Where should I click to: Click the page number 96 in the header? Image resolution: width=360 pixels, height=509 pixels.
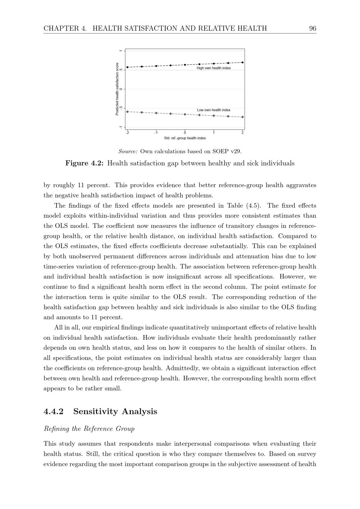[312, 28]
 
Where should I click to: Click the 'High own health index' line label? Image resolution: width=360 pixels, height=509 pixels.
[213, 68]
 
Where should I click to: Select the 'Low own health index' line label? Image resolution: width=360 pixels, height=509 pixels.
[213, 110]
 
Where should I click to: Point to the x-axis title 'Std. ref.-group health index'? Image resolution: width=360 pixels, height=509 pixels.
[185, 138]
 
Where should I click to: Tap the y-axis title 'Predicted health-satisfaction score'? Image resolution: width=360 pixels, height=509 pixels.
[117, 89]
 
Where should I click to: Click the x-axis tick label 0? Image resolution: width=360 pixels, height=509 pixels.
[185, 132]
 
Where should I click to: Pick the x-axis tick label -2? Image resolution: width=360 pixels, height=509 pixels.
[127, 132]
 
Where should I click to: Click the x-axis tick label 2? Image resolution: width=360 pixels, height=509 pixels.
[243, 132]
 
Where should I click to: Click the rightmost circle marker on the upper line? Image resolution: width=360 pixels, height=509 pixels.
[243, 63]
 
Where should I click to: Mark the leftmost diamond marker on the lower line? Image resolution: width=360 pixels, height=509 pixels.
[127, 112]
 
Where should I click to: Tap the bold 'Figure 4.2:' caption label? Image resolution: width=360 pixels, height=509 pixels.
[85, 163]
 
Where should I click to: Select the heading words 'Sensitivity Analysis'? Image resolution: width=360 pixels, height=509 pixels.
[115, 411]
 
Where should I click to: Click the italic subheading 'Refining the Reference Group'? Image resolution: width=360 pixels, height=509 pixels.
[89, 429]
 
